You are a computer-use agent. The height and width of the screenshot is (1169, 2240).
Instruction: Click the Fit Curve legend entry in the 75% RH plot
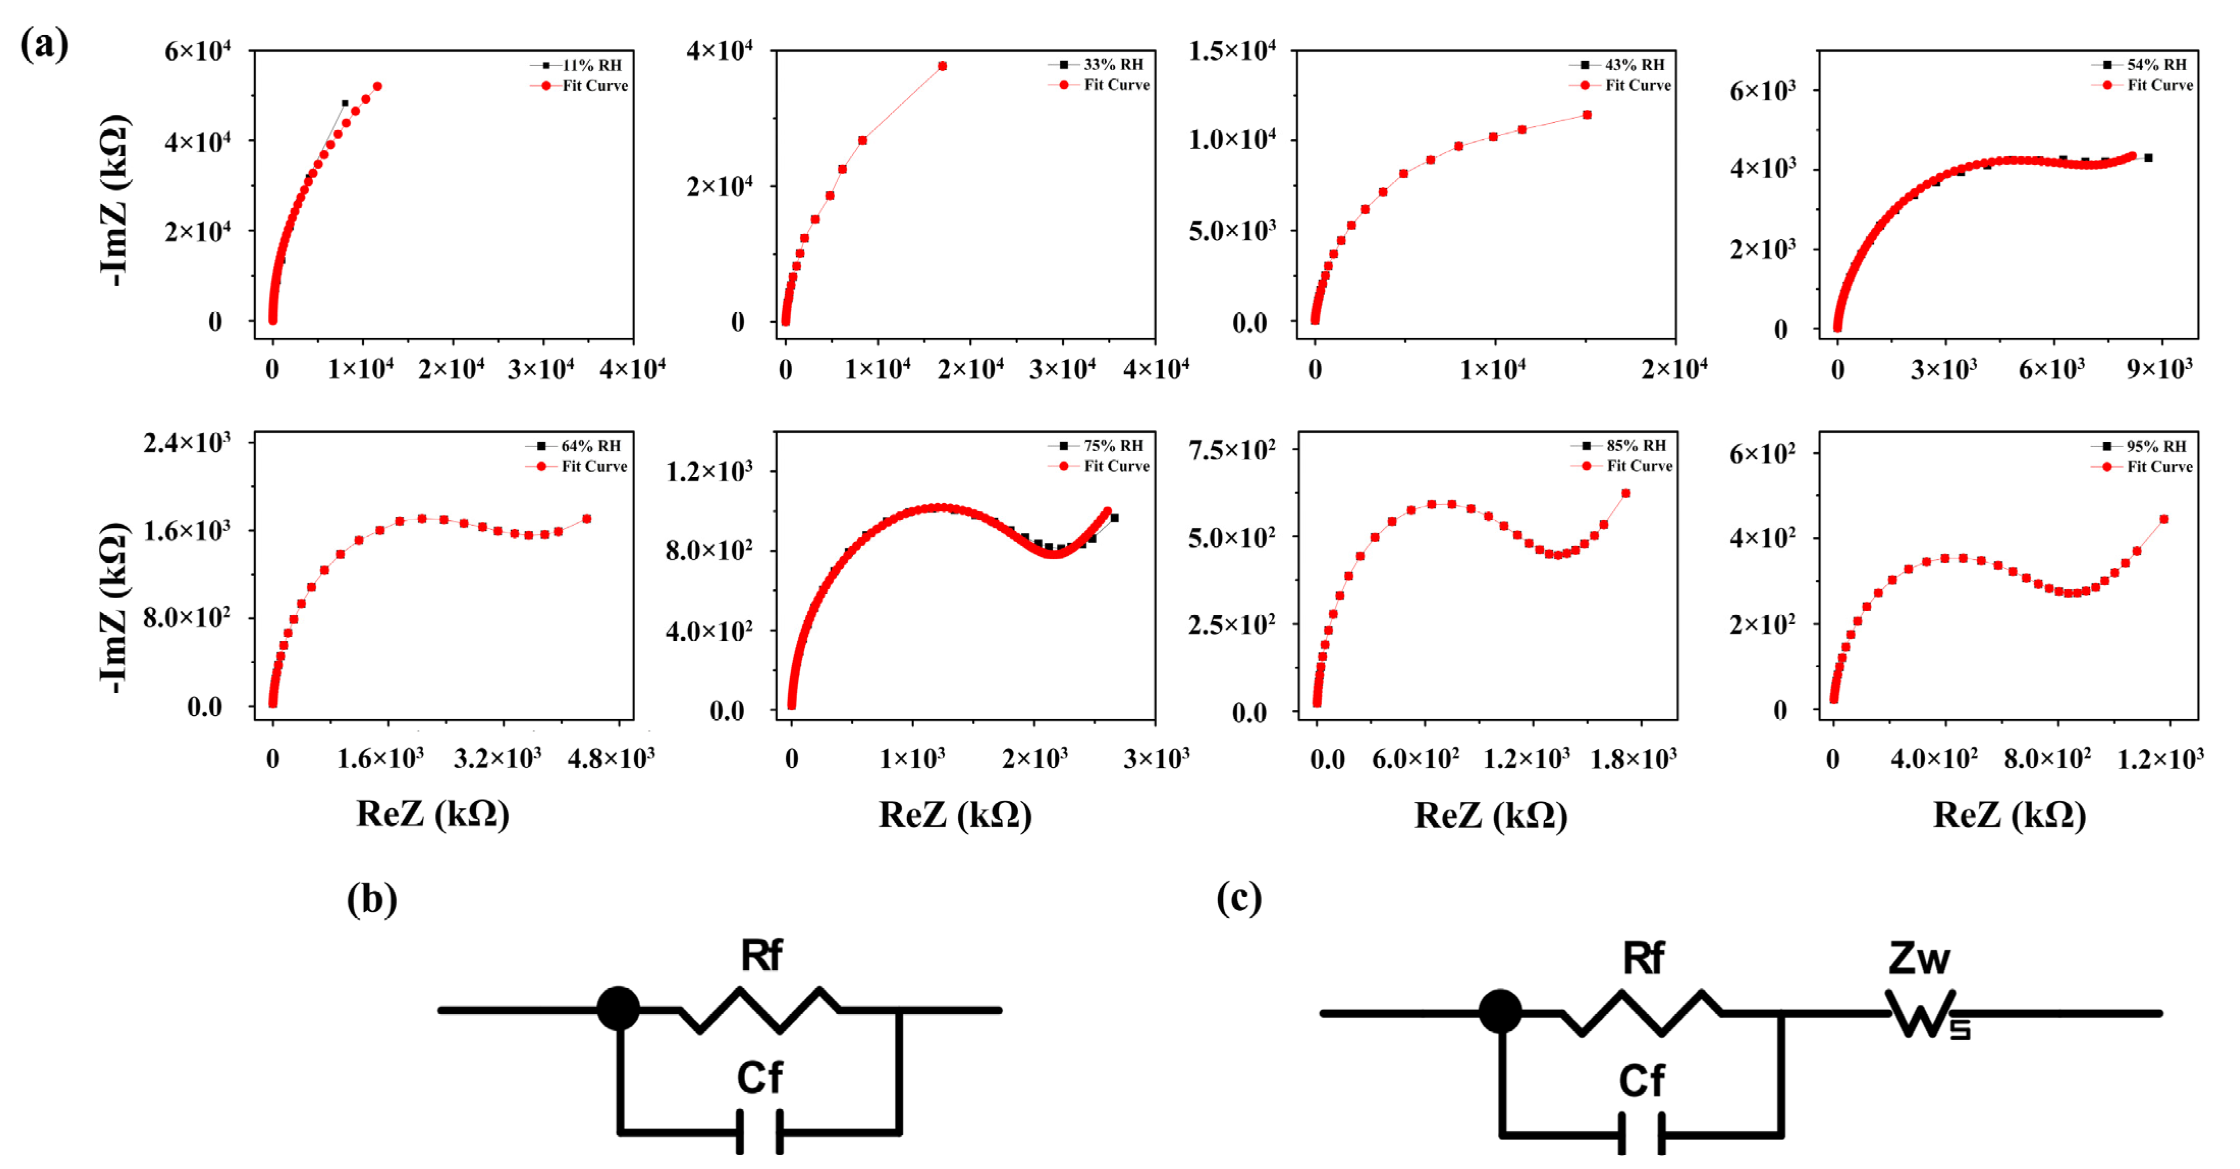(1115, 466)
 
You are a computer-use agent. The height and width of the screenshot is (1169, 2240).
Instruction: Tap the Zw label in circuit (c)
(1918, 959)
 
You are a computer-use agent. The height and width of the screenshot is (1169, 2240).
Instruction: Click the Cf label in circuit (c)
(1641, 1081)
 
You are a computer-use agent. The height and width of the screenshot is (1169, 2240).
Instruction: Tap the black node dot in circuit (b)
(618, 1009)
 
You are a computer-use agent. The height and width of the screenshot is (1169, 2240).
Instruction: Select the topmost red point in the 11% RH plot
(377, 86)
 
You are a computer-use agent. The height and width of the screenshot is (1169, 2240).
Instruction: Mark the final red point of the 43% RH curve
(1587, 115)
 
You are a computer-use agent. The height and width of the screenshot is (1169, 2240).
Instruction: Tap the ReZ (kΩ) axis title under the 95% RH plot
(2009, 815)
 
